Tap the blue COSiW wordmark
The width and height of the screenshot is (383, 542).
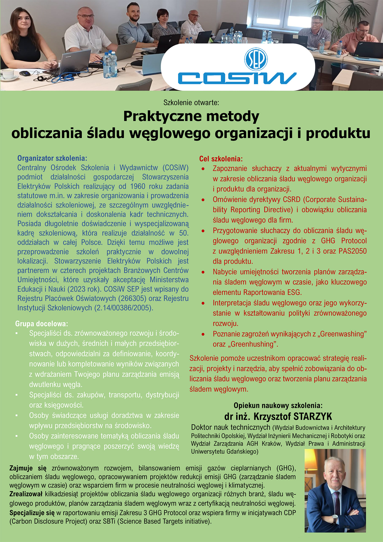[x=237, y=78]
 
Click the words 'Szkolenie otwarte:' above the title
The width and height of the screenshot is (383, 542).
[x=191, y=103]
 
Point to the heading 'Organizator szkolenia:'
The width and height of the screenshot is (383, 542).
[x=52, y=158]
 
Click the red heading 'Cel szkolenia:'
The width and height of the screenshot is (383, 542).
[x=221, y=159]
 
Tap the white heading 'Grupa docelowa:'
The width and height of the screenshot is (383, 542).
[x=42, y=324]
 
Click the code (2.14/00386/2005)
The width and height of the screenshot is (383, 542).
[x=124, y=308]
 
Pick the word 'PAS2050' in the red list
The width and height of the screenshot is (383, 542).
[x=353, y=251]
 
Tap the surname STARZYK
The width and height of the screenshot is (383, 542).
[x=313, y=417]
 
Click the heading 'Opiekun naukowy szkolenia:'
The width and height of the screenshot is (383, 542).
[x=278, y=405]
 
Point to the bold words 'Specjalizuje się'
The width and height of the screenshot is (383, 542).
[x=32, y=513]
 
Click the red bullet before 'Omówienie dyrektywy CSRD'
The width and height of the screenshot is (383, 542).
[x=203, y=200]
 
